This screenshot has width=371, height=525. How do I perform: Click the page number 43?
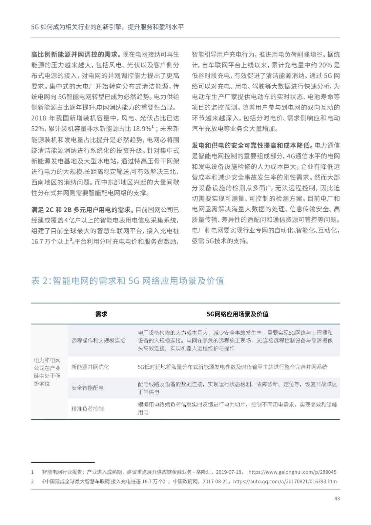[337, 498]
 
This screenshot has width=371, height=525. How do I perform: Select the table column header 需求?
[101, 314]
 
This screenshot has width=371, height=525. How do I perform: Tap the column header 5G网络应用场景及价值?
[237, 314]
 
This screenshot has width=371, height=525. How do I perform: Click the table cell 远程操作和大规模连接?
[98, 340]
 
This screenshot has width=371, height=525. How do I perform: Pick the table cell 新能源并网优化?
[90, 367]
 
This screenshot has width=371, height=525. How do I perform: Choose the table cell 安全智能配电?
[88, 388]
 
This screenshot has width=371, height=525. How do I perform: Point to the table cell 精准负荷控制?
[88, 409]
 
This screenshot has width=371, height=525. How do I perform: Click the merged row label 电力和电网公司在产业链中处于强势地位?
[47, 372]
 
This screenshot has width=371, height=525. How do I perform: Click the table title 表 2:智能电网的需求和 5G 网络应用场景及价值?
[128, 281]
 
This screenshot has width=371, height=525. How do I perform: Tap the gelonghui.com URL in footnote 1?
[292, 472]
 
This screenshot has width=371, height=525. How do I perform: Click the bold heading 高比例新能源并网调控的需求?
[76, 54]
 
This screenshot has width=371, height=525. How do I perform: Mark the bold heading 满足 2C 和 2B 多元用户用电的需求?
[83, 210]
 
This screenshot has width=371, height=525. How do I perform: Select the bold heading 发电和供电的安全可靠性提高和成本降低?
[253, 145]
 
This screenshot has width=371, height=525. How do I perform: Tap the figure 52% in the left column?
[38, 129]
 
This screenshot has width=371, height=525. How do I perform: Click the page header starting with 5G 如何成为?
[107, 27]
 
